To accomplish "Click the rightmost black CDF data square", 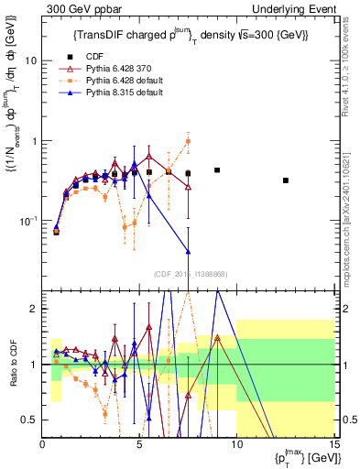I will (x=286, y=180).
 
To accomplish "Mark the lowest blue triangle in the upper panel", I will (x=188, y=251).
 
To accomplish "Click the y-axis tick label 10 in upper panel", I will (x=29, y=60).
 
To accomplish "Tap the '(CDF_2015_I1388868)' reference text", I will (x=188, y=273).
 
